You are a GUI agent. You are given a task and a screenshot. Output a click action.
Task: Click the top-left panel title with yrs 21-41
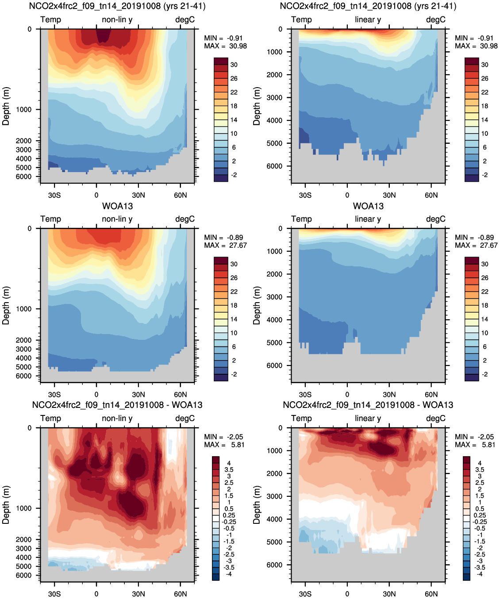point(117,6)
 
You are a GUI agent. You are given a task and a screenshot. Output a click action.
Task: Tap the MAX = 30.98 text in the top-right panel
point(476,46)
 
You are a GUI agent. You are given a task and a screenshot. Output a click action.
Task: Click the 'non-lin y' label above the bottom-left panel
point(117,418)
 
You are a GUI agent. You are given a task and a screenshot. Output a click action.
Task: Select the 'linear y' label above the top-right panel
point(368,19)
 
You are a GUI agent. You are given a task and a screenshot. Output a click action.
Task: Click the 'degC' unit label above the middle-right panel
point(436,219)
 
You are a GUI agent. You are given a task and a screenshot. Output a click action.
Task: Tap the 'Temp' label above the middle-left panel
point(50,219)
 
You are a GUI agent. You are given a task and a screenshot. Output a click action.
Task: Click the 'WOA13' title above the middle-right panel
point(368,206)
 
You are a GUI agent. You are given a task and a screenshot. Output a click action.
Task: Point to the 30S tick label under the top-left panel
point(54,195)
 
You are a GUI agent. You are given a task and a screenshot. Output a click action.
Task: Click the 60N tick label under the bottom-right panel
point(431,594)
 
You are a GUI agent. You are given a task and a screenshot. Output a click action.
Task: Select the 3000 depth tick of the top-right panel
point(274,98)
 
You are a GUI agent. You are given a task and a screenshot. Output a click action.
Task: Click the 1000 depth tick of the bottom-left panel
point(24,508)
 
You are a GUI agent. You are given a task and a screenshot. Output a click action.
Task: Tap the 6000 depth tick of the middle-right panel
point(274,366)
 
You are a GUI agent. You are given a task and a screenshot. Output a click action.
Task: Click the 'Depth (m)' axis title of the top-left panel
point(6,106)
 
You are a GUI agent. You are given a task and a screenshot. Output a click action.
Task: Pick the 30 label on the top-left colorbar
point(234,65)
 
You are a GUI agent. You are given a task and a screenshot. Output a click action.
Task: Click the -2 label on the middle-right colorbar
point(485,374)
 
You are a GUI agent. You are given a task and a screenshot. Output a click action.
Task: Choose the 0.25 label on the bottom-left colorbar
point(229,515)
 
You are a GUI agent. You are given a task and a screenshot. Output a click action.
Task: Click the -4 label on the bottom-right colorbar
point(480,574)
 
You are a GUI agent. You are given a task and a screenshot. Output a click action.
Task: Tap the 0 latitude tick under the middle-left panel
point(96,395)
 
